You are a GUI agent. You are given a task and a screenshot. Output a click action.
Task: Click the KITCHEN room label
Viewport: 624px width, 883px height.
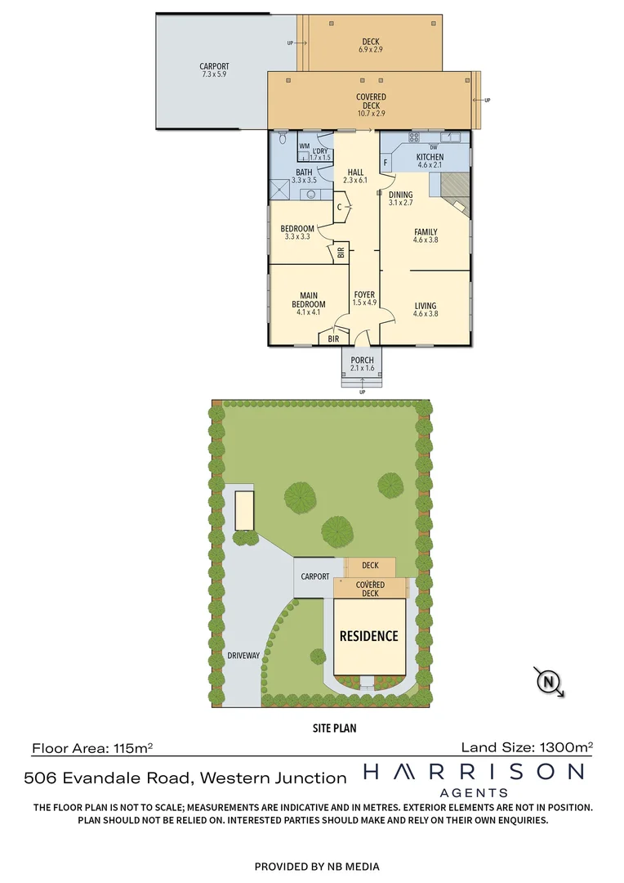(x=430, y=157)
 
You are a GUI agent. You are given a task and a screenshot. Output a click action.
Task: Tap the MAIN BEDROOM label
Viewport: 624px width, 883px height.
(x=309, y=300)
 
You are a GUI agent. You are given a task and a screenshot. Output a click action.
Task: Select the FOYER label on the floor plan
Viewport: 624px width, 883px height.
(x=363, y=295)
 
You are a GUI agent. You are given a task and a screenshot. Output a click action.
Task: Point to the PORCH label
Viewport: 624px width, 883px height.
(x=362, y=361)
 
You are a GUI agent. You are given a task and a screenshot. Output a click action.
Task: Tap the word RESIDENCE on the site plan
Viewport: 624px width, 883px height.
(x=369, y=636)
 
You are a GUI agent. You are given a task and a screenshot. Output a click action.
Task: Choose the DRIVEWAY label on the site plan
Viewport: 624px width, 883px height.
(x=243, y=656)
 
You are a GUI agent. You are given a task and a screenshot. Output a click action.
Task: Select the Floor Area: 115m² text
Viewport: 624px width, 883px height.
(x=92, y=747)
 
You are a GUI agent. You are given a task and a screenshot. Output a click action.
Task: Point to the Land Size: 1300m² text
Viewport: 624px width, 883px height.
(x=527, y=746)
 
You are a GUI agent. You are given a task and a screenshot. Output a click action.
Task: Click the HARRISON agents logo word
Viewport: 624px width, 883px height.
(x=474, y=772)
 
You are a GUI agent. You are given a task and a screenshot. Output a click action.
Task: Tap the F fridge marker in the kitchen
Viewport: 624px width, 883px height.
(x=386, y=162)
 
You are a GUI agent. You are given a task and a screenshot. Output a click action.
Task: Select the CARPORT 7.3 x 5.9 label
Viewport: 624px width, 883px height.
(x=214, y=70)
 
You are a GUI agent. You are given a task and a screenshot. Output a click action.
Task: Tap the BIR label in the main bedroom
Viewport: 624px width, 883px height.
(x=333, y=338)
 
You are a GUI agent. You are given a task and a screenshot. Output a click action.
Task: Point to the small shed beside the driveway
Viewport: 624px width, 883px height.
(x=244, y=511)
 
